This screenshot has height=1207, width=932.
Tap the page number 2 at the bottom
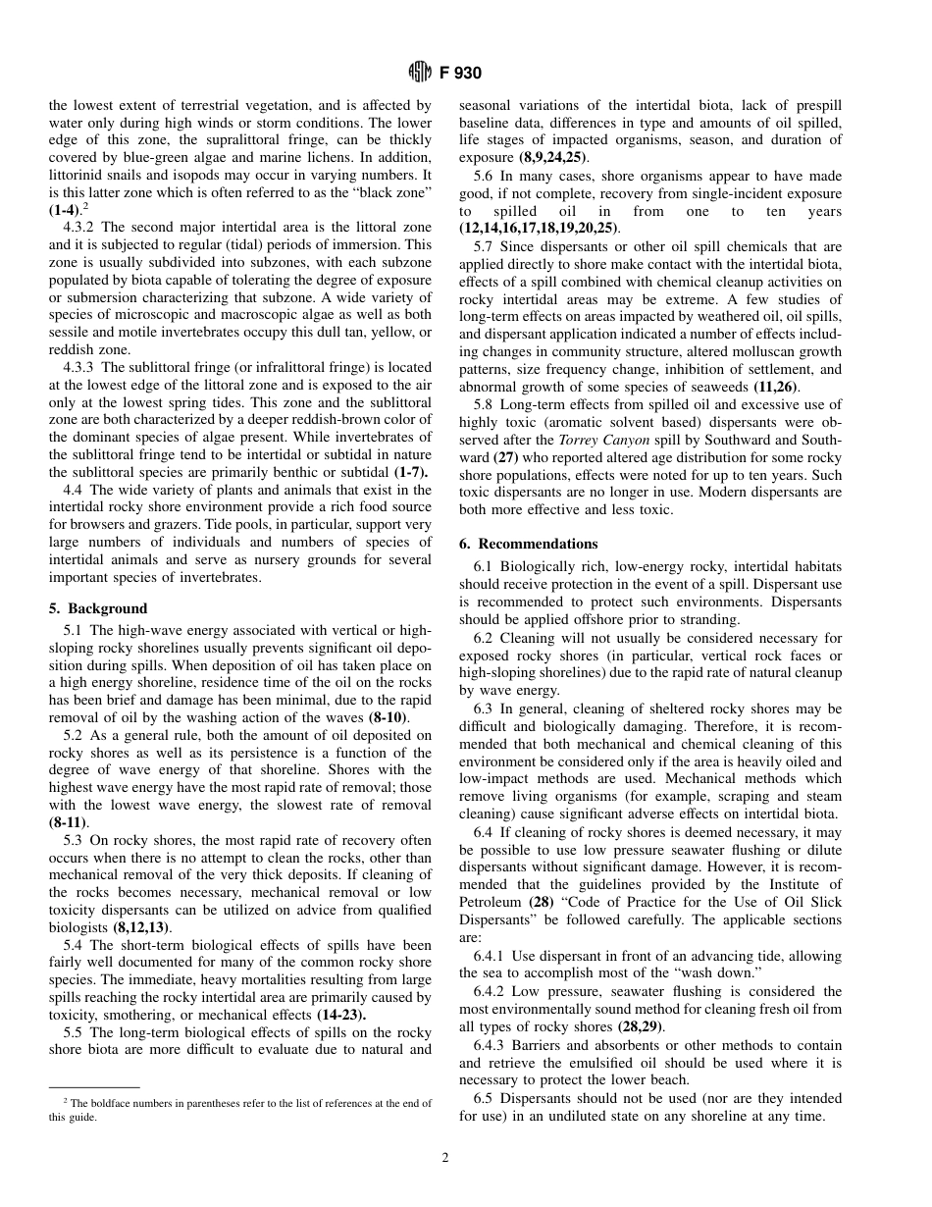(444, 1158)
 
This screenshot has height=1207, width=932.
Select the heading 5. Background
(98, 608)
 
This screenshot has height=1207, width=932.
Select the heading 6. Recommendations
(528, 544)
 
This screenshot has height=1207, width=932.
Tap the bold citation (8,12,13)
(139, 927)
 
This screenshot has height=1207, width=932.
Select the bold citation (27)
(512, 457)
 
